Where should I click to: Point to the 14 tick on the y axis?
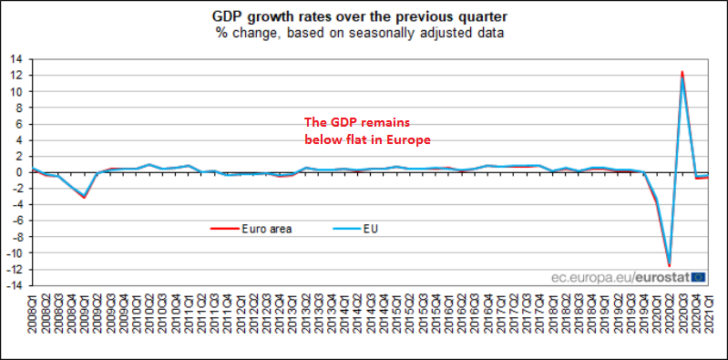(x=16, y=58)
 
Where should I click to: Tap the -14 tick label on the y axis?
(x=15, y=285)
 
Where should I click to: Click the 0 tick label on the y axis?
(x=19, y=171)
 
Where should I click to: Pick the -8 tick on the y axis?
(x=16, y=236)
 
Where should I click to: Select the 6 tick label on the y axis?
(x=19, y=123)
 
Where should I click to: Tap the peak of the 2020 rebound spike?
(x=682, y=72)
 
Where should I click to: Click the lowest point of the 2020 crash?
(x=669, y=265)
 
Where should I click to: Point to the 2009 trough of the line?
(x=85, y=196)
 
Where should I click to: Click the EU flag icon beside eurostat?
(x=697, y=276)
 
